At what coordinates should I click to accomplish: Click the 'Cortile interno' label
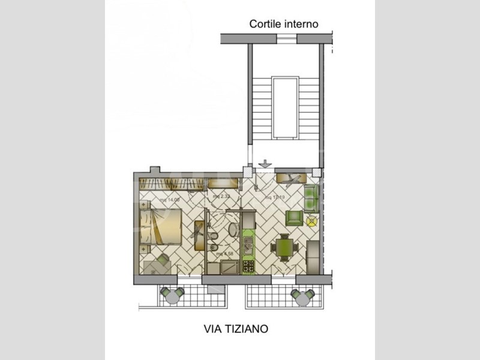point(284,24)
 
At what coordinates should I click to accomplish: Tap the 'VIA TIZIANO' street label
point(234,329)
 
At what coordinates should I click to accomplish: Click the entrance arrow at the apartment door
point(265,163)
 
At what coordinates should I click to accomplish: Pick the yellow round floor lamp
point(311,221)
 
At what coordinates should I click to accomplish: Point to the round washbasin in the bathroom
point(233,229)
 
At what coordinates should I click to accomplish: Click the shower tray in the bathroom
point(229,266)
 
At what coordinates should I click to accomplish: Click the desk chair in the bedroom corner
point(163,259)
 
